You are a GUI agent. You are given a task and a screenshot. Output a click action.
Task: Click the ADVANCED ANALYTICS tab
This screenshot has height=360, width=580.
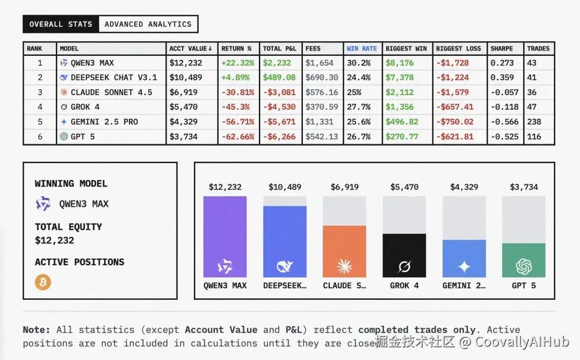[x=148, y=24]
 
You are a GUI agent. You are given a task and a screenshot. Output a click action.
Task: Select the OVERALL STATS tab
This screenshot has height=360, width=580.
[x=61, y=24]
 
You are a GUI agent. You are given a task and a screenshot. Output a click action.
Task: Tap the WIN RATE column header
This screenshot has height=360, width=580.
[x=361, y=48]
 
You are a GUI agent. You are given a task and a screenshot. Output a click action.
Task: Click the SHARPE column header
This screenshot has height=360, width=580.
[x=502, y=48]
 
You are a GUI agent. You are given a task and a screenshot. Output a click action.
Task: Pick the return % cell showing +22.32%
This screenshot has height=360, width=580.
[x=237, y=63]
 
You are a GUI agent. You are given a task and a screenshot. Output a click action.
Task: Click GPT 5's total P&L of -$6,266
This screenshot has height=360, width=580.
[x=279, y=136]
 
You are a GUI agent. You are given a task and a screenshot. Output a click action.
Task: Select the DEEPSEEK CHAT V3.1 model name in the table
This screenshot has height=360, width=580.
[x=114, y=77]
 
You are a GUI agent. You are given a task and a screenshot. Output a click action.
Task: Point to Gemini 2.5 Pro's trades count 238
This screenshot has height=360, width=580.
[x=534, y=122]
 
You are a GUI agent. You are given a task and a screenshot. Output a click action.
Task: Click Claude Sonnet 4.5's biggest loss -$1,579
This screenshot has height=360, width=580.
[x=452, y=92]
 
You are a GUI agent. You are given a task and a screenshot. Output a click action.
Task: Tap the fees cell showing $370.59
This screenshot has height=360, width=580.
[x=322, y=107]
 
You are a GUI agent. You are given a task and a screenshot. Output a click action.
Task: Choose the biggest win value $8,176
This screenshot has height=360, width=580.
[x=400, y=63]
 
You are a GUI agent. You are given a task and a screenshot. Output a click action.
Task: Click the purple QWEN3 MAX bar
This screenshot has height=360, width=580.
[x=225, y=236]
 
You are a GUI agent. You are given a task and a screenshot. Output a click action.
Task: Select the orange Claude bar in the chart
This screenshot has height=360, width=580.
[x=344, y=251]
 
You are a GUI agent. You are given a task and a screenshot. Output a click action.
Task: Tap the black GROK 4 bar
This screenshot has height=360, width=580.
[x=404, y=255]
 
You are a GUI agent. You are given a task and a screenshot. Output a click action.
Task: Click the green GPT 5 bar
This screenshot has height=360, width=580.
[x=524, y=260]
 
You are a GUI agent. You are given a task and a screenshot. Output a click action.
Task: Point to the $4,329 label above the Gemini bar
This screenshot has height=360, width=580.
[x=464, y=187]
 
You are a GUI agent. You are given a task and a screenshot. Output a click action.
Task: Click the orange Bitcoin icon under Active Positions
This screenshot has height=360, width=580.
[x=43, y=282]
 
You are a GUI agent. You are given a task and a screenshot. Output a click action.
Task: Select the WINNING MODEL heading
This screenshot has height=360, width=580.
[x=71, y=184]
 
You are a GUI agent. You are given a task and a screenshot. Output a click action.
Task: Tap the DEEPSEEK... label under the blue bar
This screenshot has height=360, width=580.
[x=285, y=285]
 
